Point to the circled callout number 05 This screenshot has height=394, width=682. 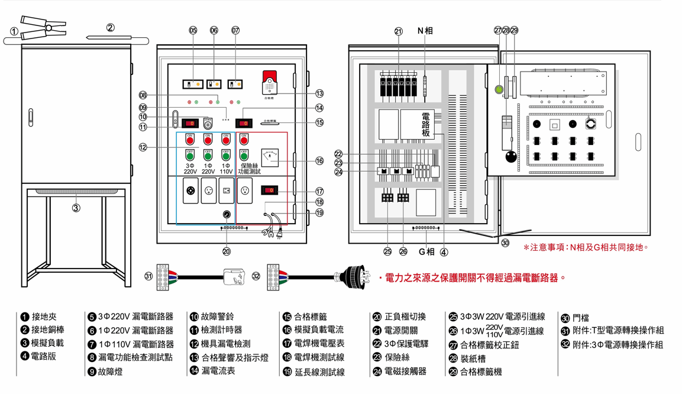[x=193, y=30]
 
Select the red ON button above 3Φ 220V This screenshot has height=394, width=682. [x=190, y=140]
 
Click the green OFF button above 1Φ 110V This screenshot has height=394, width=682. [x=225, y=155]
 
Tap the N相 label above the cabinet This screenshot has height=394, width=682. [x=425, y=30]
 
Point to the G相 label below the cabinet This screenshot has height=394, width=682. [x=426, y=251]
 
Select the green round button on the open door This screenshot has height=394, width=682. [x=499, y=91]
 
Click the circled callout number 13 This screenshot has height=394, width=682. [x=319, y=93]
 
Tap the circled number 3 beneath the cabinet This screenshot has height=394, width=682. [x=76, y=208]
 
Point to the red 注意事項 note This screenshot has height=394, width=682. [x=586, y=246]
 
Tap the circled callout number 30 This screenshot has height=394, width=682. [x=504, y=242]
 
